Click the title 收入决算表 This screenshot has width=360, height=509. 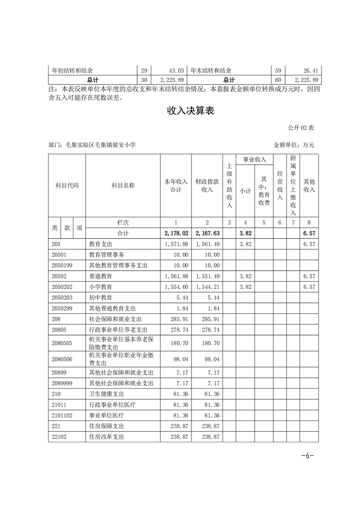click(x=190, y=111)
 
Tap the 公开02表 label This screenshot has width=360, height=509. click(x=301, y=128)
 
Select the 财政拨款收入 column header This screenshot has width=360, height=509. click(x=207, y=186)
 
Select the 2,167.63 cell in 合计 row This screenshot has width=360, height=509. click(x=207, y=233)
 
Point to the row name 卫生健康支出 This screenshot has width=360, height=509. click(x=107, y=394)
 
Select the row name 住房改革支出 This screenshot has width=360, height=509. click(x=107, y=437)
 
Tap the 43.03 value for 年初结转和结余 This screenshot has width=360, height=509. click(x=176, y=71)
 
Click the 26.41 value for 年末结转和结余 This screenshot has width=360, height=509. click(x=311, y=71)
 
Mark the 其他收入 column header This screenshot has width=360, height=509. click(x=309, y=186)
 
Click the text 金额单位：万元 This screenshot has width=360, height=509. click(x=294, y=145)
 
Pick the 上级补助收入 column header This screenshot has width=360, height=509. click(x=229, y=186)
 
